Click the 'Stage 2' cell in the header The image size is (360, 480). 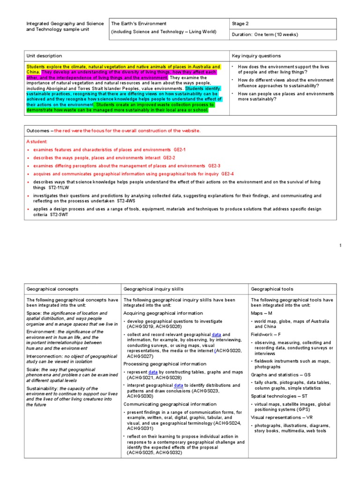tap(242, 23)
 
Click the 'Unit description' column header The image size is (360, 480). tap(44, 56)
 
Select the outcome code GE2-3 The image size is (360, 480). tap(214, 166)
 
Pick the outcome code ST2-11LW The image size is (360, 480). tap(59, 187)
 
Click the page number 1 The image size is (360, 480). tap(341, 246)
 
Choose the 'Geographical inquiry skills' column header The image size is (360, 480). tap(153, 289)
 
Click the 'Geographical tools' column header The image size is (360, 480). tap(272, 289)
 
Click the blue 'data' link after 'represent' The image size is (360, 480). tap(153, 372)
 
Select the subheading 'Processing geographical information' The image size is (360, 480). tap(165, 364)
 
